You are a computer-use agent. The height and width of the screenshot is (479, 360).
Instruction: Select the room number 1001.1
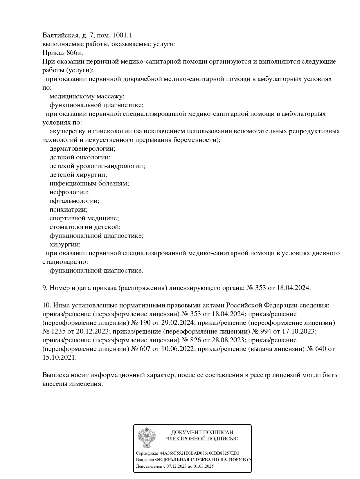point(122,35)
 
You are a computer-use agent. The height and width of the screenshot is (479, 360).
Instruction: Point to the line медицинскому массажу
point(87,96)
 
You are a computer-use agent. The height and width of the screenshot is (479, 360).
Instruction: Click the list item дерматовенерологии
point(82,149)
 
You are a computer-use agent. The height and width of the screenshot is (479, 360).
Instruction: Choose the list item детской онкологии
point(80,157)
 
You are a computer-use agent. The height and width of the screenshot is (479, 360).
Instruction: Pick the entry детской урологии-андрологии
point(97,166)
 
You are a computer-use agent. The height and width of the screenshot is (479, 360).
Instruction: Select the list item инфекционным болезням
point(89,183)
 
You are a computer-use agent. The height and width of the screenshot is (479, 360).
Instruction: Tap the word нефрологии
point(69,192)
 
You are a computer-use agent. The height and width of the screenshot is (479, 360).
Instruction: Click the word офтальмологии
point(74,201)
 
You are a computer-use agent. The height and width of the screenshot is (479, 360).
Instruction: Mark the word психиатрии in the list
point(69,210)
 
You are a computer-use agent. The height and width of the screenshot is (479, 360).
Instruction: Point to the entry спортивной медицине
point(84,218)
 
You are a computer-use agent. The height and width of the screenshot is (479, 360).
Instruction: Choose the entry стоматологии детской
point(85,227)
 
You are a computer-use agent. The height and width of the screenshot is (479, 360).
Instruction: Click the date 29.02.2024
point(180,323)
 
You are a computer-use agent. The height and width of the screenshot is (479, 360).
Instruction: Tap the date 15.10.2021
point(59,358)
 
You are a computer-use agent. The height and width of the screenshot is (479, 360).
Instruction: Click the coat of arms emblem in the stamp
point(147,437)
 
